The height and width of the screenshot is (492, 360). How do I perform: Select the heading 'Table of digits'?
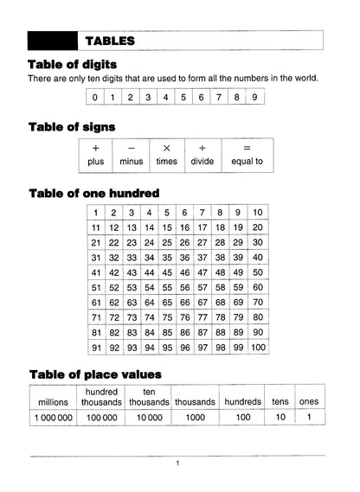[x=73, y=65]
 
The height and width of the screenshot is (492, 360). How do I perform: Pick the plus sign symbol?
[x=95, y=148]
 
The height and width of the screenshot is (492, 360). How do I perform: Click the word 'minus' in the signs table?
[x=132, y=162]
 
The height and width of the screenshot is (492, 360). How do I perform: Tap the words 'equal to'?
[x=247, y=162]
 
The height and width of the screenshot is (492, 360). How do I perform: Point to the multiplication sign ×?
[x=167, y=148]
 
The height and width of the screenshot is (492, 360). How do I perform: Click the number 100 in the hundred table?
[x=257, y=348]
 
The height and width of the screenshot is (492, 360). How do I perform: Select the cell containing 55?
[x=168, y=287]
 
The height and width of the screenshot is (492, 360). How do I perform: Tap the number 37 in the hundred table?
[x=203, y=258]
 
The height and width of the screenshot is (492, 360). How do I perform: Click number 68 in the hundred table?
[x=221, y=303]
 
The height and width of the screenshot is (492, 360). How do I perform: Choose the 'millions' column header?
[x=54, y=401]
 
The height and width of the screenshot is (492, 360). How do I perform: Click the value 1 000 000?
[x=54, y=417]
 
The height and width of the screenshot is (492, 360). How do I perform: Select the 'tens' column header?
[x=280, y=401]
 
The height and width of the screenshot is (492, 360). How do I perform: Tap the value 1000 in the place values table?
[x=195, y=417]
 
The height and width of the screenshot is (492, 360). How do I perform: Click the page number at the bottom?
[x=177, y=463]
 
